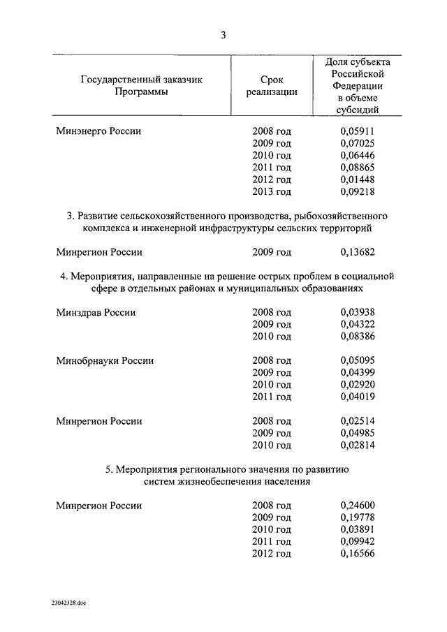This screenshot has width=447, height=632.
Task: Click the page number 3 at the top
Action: [x=223, y=35]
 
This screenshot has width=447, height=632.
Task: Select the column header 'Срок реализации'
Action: [x=272, y=86]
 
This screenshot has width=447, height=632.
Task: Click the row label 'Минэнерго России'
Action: [x=98, y=131]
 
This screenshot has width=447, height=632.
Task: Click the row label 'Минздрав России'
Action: [x=96, y=313]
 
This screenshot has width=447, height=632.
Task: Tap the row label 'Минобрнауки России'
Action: [x=105, y=361]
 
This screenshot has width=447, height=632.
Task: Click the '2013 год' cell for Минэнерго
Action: [x=272, y=191]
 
